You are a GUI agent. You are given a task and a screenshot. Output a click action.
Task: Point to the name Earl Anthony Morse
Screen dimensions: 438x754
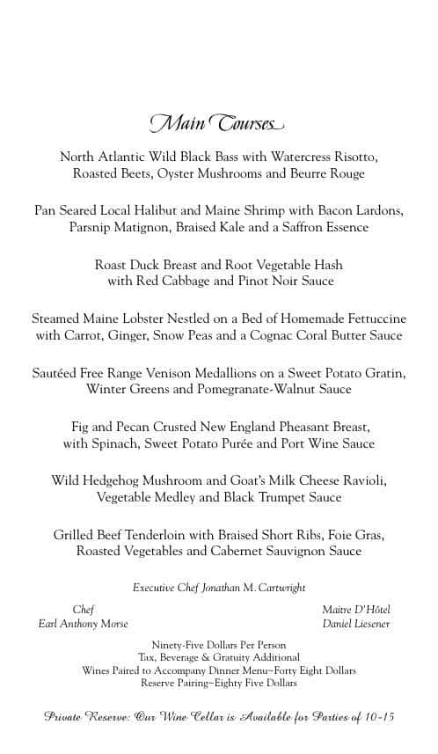click(83, 624)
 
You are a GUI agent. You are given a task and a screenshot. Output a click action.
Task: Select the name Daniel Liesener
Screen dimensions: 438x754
click(355, 624)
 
